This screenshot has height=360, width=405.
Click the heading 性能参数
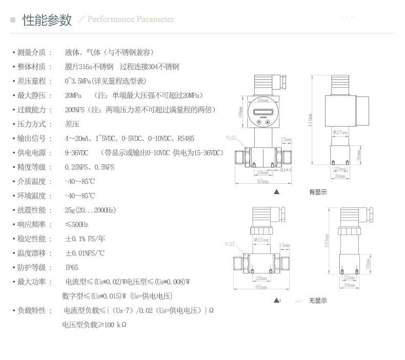47,20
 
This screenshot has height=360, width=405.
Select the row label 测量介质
31,52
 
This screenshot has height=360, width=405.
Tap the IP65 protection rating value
71,267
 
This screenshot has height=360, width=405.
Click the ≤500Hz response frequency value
76,224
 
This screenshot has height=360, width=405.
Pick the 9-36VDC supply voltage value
76,153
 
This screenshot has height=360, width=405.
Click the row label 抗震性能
31,210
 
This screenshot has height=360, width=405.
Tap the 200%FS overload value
75,110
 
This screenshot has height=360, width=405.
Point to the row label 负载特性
31,310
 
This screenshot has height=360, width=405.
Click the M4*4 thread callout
286,170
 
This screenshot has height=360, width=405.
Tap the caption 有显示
317,192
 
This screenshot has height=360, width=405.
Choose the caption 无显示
317,301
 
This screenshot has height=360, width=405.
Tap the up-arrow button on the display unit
268,122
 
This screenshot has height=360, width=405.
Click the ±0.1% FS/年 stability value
85,239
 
